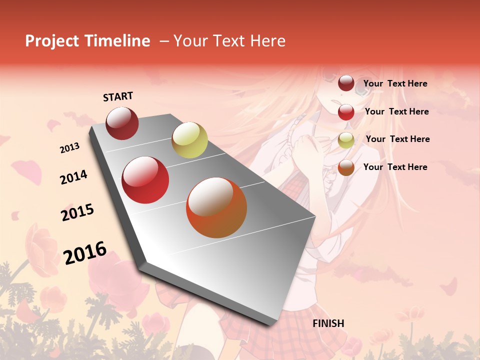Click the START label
[x=118, y=96]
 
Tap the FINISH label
[x=328, y=323]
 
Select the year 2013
[x=69, y=148]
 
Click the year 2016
[x=85, y=253]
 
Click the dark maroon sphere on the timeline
[x=122, y=123]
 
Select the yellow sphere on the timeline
[x=189, y=139]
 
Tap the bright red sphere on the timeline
[x=145, y=180]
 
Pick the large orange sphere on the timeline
[x=216, y=207]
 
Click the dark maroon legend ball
[x=346, y=83]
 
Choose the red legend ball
[x=346, y=112]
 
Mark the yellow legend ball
[x=346, y=140]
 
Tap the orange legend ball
[x=346, y=167]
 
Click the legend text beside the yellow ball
[x=397, y=139]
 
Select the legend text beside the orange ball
[x=395, y=167]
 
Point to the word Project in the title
[x=52, y=41]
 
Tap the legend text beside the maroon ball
[x=395, y=83]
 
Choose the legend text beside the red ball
[x=396, y=111]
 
